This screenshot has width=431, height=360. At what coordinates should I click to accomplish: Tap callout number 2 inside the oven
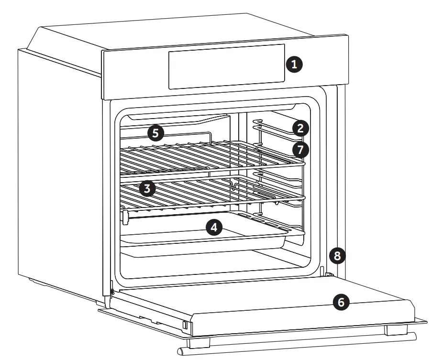point(300,128)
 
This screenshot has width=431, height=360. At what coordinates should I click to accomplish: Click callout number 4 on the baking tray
point(214,227)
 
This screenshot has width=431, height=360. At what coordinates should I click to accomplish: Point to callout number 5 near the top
point(155,132)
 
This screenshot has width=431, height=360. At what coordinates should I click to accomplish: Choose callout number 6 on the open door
point(341,302)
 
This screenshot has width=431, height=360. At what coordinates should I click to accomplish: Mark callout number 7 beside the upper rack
point(300,149)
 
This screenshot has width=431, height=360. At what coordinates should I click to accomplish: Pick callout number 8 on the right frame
point(337,256)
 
